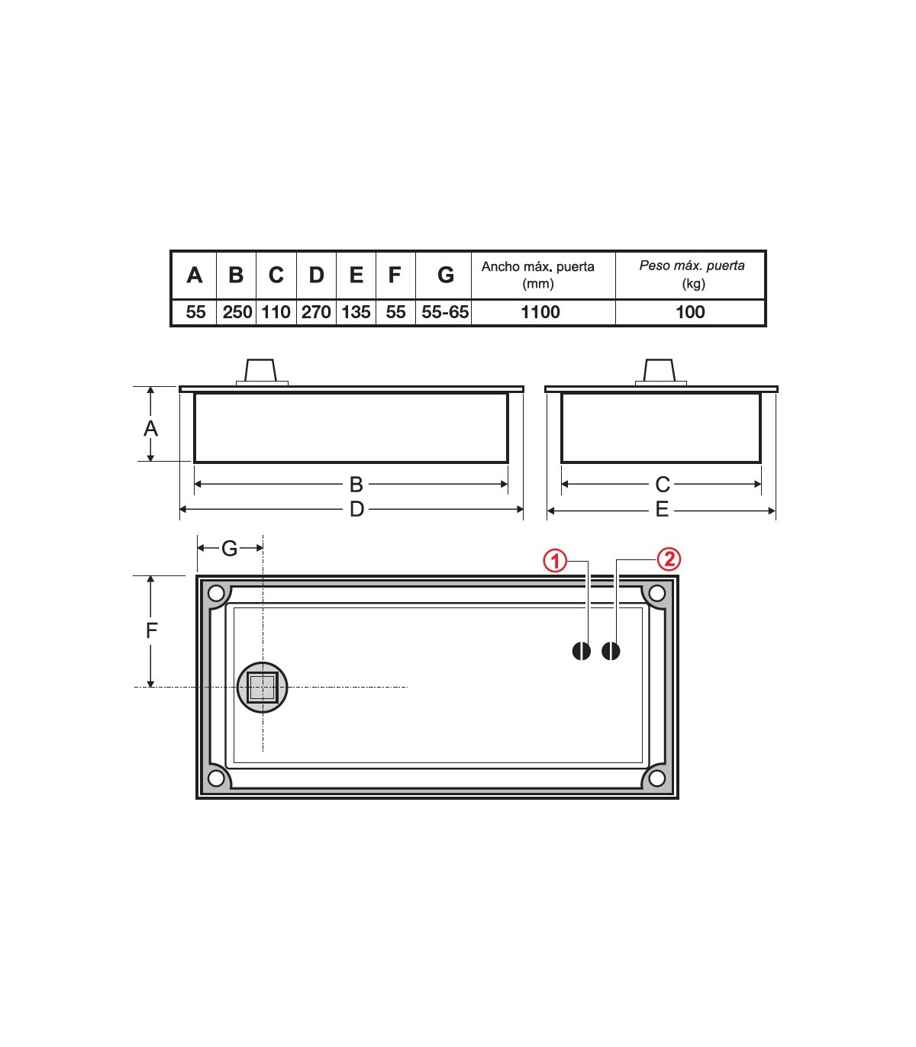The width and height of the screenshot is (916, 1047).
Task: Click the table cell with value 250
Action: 237,311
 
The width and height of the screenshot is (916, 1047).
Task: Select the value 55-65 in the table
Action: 445,311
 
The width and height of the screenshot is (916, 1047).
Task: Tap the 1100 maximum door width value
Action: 540,311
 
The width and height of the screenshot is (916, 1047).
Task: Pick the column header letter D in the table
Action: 316,275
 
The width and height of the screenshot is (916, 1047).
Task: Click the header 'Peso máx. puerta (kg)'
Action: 692,274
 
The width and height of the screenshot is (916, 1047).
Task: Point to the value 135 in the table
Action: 356,311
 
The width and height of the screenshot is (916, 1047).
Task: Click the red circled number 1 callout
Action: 555,561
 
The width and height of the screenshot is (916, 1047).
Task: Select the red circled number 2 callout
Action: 669,559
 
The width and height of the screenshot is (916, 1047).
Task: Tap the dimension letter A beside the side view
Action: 150,428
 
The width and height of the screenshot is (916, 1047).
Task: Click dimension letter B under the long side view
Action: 356,484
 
